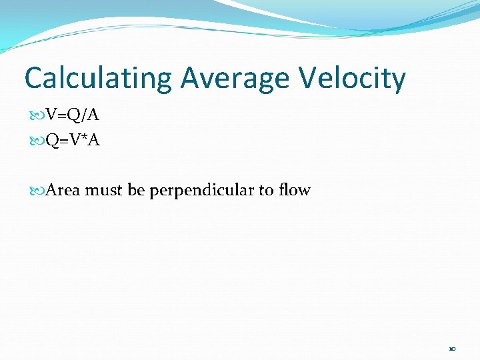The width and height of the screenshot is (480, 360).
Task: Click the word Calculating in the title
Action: point(98,79)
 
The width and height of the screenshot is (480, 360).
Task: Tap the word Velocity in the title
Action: point(351,79)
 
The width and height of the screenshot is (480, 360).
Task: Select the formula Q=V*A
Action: point(73,141)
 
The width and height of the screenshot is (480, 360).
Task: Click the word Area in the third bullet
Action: point(63,191)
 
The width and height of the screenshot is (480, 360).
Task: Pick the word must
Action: point(105,191)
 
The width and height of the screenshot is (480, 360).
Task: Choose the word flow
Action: point(294,191)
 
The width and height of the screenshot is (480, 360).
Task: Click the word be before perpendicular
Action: point(136,191)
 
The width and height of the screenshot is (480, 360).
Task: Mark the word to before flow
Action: point(266,191)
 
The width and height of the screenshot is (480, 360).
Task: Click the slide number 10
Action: point(452,349)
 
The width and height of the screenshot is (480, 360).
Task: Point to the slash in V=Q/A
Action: point(83,115)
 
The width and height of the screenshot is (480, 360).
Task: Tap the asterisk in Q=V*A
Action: point(84,138)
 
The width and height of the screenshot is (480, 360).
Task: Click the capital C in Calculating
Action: point(34,79)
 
